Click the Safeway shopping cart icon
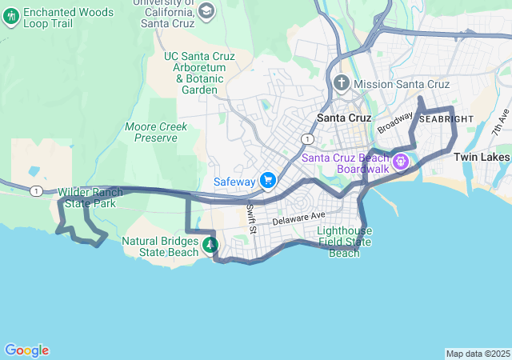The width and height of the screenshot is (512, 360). [x=267, y=181]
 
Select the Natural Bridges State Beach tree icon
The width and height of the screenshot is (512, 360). [x=210, y=246]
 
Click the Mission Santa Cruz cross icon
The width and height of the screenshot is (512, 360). [x=342, y=83]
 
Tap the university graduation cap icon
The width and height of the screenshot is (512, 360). [x=206, y=10]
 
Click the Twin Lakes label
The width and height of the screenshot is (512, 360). [x=482, y=158]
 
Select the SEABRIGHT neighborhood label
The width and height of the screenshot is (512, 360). [x=446, y=118]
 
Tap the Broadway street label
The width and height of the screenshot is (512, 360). [x=395, y=122]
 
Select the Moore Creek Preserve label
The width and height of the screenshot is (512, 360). [x=156, y=132]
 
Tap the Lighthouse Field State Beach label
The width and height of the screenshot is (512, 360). [x=344, y=242]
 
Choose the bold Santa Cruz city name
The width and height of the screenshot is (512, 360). [x=344, y=118]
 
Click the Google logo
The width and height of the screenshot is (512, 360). [x=26, y=350]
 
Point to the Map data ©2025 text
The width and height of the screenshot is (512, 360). [x=477, y=354]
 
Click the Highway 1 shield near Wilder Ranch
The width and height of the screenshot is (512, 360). [x=36, y=190]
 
